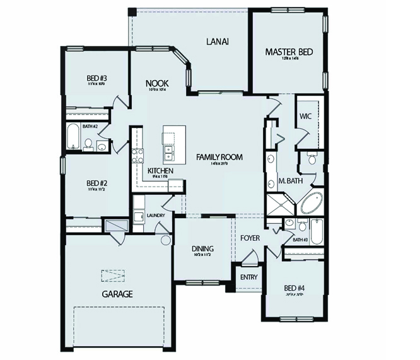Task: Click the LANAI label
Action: (x=216, y=42)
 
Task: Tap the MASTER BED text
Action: (x=289, y=52)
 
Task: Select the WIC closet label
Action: (x=305, y=117)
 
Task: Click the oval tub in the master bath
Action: (x=310, y=204)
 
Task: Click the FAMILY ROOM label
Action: (x=219, y=157)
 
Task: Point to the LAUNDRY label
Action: (x=155, y=216)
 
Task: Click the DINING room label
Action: (x=202, y=248)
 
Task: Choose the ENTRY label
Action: (x=248, y=277)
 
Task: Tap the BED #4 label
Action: (x=295, y=288)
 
